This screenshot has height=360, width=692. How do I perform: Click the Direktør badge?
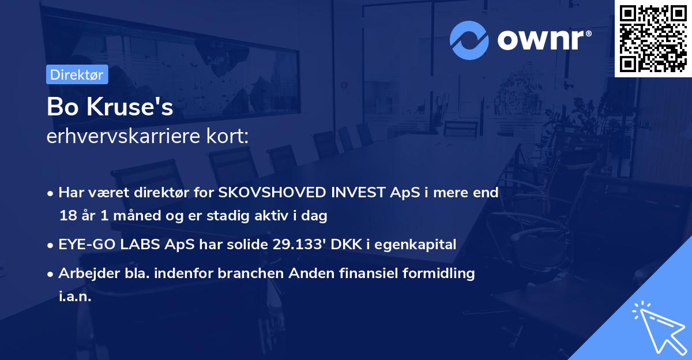[x=77, y=74]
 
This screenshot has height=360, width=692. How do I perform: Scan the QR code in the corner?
[x=653, y=38]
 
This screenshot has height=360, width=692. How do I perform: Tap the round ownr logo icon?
[x=469, y=40]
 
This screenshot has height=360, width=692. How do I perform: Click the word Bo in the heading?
[x=60, y=107]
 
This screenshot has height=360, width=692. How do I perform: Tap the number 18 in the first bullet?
[x=67, y=216]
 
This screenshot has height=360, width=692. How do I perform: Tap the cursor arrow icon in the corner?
[x=657, y=326]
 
